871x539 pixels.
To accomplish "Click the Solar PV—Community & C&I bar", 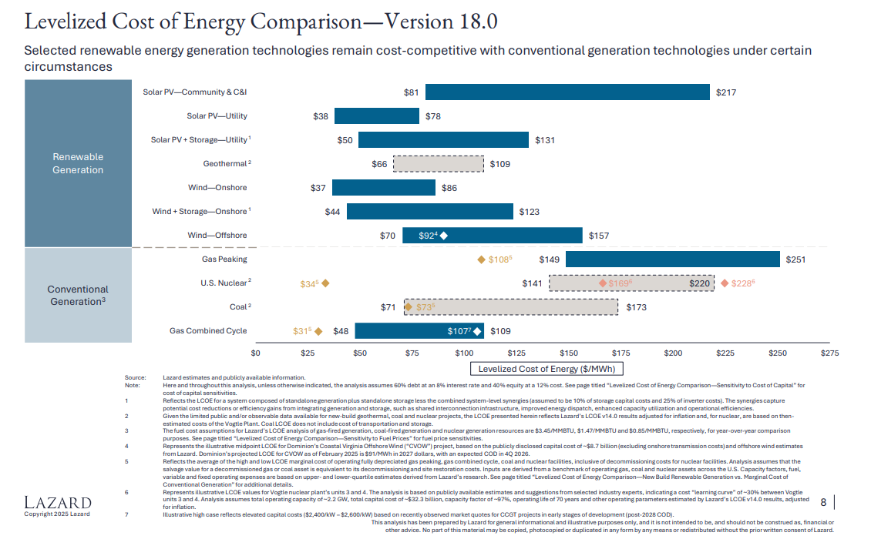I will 567,92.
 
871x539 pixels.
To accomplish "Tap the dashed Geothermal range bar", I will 439,164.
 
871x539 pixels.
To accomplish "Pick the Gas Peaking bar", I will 672,259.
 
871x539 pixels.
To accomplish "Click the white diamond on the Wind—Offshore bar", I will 444,236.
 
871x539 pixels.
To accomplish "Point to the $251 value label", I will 795,259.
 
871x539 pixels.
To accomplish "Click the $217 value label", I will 726,92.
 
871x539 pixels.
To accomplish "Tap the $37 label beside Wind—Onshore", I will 318,188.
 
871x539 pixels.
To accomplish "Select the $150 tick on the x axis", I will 569,353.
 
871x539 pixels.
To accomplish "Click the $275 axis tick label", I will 829,353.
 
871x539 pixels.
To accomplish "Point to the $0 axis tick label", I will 257,353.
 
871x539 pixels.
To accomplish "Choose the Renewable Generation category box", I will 78,163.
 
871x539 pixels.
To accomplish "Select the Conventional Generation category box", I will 78,296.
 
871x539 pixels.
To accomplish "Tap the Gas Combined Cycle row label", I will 208,331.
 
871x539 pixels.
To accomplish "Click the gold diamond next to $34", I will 325,283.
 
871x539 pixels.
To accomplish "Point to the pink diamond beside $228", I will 725,283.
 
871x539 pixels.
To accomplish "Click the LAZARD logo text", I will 58,504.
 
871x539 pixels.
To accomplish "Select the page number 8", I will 823,503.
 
